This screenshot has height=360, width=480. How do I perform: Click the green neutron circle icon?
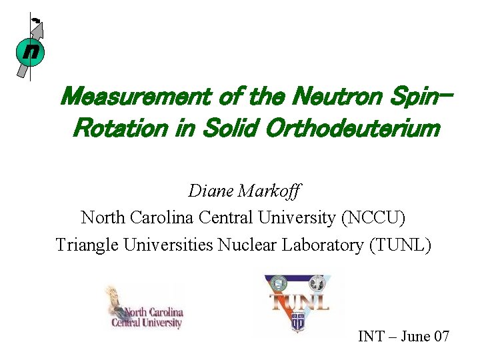coord(29,52)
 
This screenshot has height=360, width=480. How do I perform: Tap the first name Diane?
coord(211,191)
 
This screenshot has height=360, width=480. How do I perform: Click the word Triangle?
coord(86,245)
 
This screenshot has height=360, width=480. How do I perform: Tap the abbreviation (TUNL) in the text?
coord(399,245)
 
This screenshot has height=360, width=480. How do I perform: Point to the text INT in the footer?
coord(371,336)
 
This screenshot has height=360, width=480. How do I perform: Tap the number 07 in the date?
coord(441,336)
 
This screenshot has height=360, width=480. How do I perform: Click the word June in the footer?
coord(416,336)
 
